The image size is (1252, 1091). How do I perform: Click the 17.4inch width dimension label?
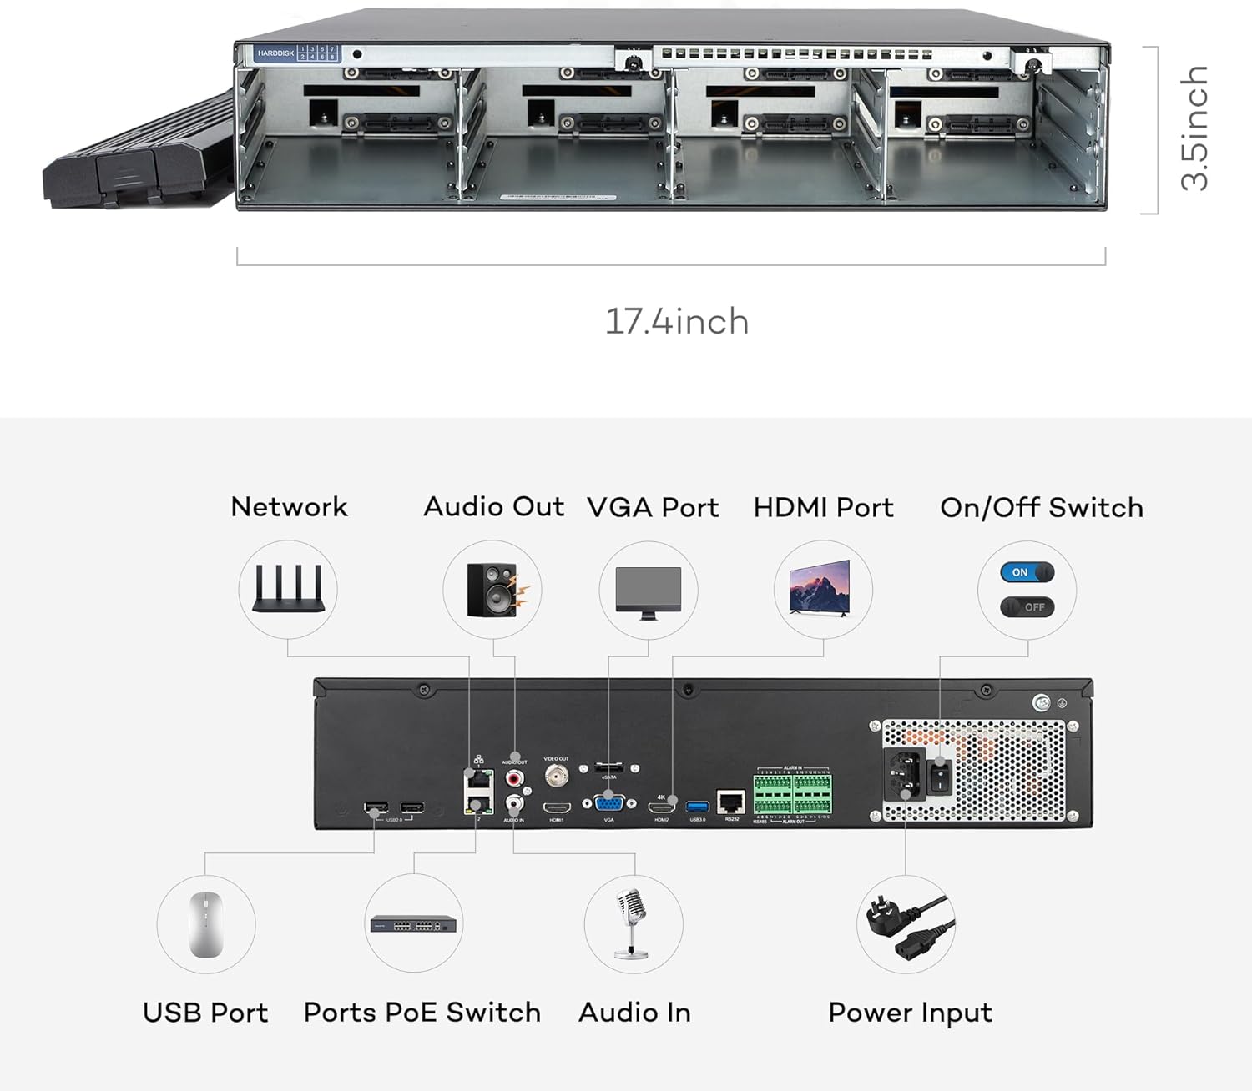[676, 321]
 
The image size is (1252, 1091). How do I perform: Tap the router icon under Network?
[288, 588]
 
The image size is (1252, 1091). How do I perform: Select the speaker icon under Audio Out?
[493, 590]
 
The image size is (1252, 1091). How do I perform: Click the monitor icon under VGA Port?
[649, 591]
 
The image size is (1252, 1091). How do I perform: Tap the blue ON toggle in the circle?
[1027, 572]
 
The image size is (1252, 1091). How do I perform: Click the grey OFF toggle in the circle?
[1027, 607]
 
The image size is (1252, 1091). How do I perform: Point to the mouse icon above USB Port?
[205, 924]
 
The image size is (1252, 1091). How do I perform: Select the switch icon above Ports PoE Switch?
[414, 924]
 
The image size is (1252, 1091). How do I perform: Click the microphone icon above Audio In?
[633, 923]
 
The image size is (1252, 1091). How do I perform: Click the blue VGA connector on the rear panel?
[609, 804]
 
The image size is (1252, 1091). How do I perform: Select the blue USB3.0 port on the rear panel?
[697, 807]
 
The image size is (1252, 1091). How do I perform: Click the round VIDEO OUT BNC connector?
[556, 776]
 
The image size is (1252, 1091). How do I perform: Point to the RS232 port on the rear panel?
[731, 802]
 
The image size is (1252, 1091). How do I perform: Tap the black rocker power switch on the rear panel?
[941, 777]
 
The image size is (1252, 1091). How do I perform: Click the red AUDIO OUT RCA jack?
[514, 778]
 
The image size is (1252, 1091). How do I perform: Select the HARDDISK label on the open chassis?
[275, 53]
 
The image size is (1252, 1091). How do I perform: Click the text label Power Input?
[910, 1013]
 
